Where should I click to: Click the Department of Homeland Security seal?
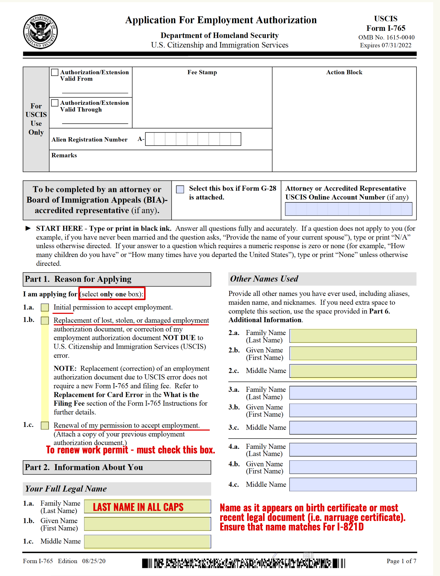40,32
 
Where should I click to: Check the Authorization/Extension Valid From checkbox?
55,72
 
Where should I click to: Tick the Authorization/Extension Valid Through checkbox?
55,103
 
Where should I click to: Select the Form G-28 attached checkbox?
180,189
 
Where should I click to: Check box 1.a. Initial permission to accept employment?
45,308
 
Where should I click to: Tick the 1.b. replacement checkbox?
45,321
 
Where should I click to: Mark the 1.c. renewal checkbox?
45,426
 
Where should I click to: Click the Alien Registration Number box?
193,139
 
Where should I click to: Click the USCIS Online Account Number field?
348,209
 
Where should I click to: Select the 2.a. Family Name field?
353,336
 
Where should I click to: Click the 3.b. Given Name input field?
353,410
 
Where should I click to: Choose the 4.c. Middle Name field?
353,484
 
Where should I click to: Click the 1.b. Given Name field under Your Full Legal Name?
147,524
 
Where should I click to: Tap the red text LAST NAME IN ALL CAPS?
138,507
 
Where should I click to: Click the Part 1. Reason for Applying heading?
78,279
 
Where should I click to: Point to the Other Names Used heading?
264,279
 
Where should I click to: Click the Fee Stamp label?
202,72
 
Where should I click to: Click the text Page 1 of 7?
401,561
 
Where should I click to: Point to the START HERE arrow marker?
28,228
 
